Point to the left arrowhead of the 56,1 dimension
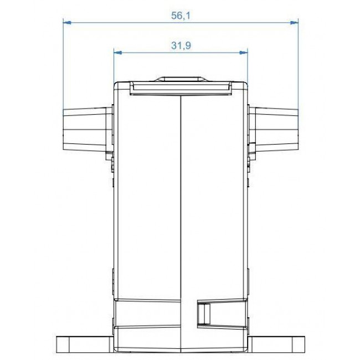(66, 23)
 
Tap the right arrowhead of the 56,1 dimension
(295, 23)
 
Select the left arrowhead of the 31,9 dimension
(117, 53)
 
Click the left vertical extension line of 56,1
(63, 66)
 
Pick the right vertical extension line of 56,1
(298, 66)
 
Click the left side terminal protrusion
(86, 129)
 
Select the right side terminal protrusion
(274, 129)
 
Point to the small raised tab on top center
(180, 79)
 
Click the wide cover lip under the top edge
(180, 89)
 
